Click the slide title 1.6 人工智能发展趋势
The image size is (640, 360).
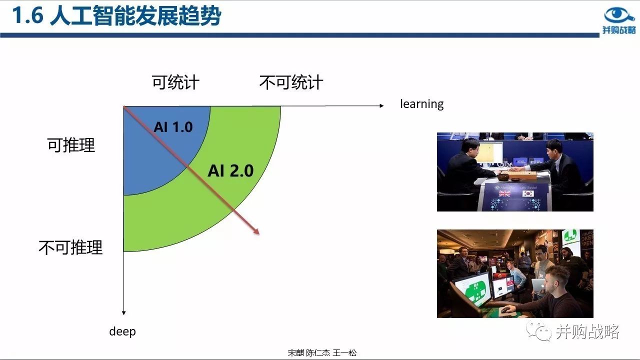[x=116, y=15]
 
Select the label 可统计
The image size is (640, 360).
[x=175, y=82]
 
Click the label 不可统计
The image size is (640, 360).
[x=291, y=82]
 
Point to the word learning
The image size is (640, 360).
[x=421, y=104]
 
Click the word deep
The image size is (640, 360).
[x=122, y=331]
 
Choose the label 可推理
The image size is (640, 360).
[x=71, y=145]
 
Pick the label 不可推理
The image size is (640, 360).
[x=70, y=247]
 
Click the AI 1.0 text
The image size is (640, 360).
[x=173, y=127]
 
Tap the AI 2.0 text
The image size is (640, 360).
[x=230, y=171]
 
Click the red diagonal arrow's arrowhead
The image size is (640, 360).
[x=256, y=231]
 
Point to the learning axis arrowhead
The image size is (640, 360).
[x=381, y=105]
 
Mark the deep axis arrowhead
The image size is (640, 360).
[x=123, y=313]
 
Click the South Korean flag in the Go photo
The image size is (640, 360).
[x=528, y=193]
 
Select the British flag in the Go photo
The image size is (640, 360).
[x=504, y=193]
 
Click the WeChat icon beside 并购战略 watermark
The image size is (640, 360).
[x=539, y=331]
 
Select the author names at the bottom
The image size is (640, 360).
[x=322, y=353]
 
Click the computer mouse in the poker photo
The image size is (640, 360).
[x=505, y=309]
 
